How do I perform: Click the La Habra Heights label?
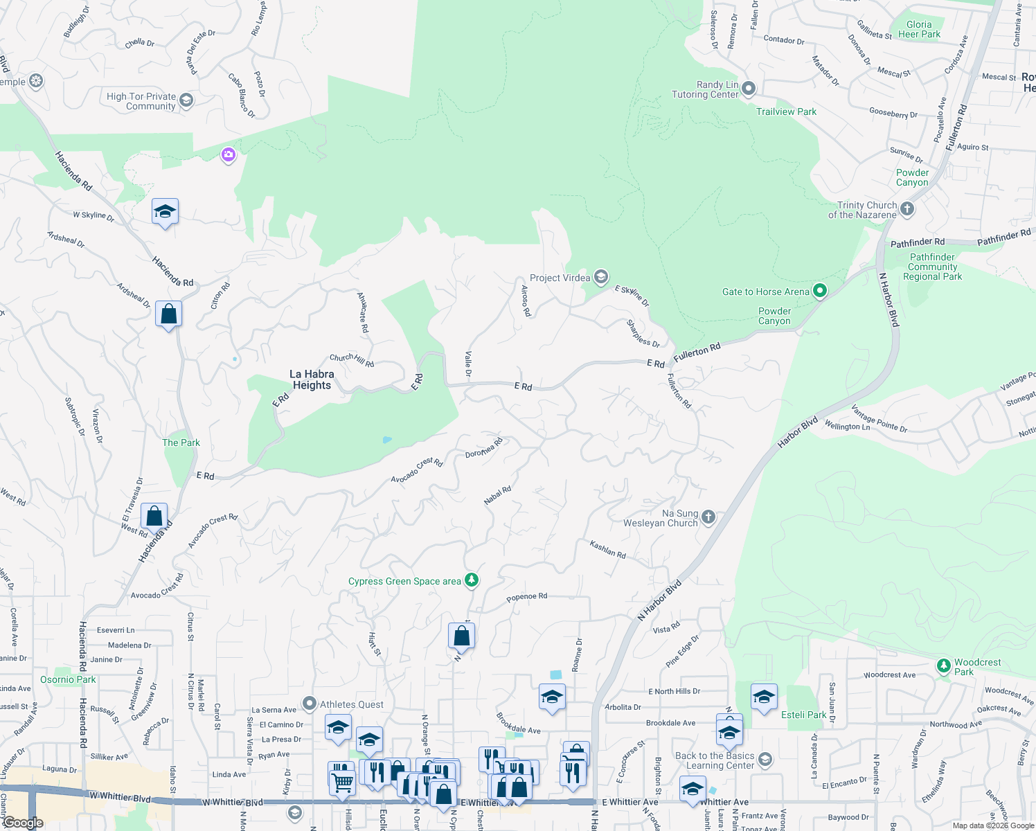pos(312,379)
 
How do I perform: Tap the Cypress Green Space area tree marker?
pos(472,580)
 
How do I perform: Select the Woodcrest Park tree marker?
pos(943,666)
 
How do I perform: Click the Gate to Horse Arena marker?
pos(820,291)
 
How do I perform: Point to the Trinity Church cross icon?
pos(907,209)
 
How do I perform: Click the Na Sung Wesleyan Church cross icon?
pos(708,517)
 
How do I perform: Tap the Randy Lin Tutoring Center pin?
pos(749,89)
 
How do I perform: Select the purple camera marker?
pos(229,154)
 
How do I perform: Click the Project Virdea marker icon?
pos(600,277)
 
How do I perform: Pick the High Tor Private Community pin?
pos(186,100)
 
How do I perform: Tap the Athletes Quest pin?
pos(310,704)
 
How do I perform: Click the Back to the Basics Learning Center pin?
pos(765,760)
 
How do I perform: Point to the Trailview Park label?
pos(786,111)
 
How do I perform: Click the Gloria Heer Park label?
pos(919,29)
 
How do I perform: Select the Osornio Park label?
pos(68,679)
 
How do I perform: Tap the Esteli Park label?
pos(803,715)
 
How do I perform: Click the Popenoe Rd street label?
pos(526,596)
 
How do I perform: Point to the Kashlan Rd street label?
pos(607,550)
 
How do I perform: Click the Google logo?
pos(23,823)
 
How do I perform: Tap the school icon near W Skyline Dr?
pos(165,211)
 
